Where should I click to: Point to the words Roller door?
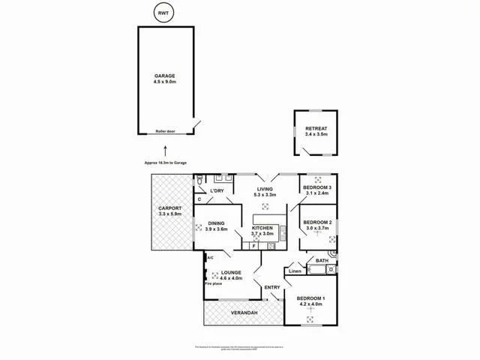click(x=165, y=131)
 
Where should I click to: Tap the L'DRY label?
click(x=217, y=190)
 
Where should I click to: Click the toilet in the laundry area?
click(x=199, y=179)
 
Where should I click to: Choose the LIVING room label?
click(x=263, y=190)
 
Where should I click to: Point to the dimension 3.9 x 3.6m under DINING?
click(x=216, y=229)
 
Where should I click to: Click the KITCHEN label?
click(x=262, y=226)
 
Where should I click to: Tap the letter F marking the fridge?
click(x=253, y=245)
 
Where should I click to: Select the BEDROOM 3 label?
click(x=316, y=187)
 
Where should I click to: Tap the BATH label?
click(x=321, y=260)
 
